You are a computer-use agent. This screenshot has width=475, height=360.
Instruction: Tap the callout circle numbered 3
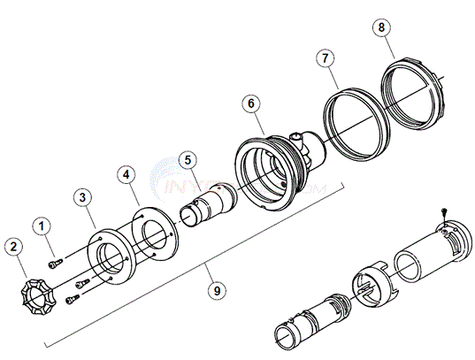pos(81,195)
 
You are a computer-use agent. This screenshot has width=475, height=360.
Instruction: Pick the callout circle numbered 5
pos(186,160)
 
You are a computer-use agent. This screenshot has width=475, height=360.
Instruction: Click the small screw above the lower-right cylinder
pos(442,212)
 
